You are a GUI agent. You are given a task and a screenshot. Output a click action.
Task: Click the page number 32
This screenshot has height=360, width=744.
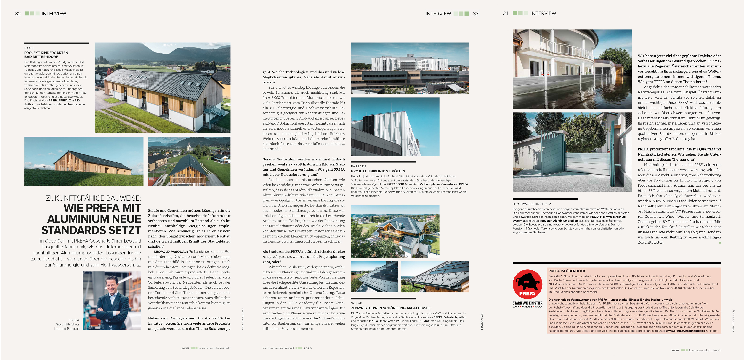(18, 14)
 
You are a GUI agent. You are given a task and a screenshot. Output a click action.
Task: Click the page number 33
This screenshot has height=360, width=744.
(476, 14)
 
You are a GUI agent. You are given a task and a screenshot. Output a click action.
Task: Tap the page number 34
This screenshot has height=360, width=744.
(505, 13)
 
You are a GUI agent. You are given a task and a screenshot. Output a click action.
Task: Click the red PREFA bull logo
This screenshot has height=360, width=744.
(527, 284)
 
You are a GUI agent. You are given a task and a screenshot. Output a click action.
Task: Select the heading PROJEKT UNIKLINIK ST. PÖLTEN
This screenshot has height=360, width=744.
(378, 171)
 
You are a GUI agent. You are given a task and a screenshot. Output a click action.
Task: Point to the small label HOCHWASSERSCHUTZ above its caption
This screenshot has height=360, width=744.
(532, 204)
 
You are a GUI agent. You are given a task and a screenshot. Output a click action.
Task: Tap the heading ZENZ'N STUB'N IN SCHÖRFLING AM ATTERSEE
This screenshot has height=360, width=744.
(390, 308)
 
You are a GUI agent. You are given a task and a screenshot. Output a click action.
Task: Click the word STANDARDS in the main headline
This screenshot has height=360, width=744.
(91, 230)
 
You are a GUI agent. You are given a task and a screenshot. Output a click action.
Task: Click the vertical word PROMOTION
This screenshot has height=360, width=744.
(482, 321)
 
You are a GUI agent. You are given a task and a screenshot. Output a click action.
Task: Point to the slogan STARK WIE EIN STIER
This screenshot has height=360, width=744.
(527, 303)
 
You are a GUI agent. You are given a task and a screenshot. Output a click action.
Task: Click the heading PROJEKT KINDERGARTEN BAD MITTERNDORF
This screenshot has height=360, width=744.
(46, 55)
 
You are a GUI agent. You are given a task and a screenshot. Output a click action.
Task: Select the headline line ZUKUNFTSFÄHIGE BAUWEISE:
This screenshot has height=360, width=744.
(93, 198)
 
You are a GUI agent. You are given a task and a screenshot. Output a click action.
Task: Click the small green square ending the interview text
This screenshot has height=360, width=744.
(720, 243)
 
